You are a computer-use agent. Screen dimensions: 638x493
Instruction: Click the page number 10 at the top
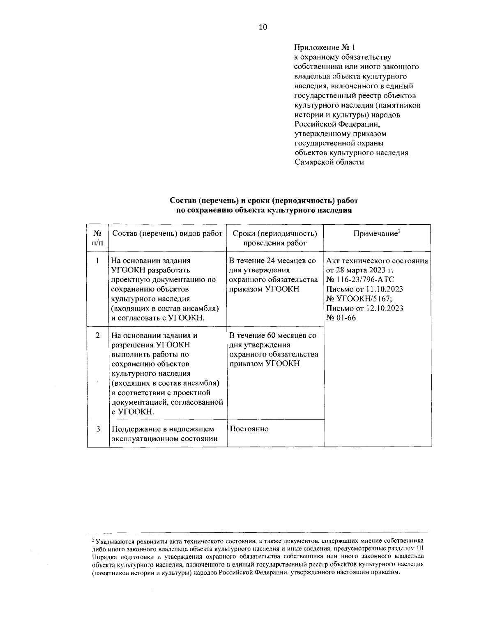pos(263,27)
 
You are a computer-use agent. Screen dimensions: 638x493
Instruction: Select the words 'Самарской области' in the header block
pos(329,162)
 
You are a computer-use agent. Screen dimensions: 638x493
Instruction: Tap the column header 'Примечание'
pos(377,233)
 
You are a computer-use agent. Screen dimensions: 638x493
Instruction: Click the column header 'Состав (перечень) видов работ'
pos(167,233)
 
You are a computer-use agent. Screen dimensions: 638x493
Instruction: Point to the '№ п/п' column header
pos(97,238)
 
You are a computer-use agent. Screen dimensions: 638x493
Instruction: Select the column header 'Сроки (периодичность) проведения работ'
pos(275,238)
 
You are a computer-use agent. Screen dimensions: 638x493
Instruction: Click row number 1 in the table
pos(97,260)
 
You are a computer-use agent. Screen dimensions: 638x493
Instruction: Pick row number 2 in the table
pos(98,335)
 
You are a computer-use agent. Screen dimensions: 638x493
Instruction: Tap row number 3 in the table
pos(98,429)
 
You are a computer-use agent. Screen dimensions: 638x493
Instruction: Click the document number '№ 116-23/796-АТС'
pos(360,280)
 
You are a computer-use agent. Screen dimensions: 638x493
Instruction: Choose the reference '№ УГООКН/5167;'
pos(357,299)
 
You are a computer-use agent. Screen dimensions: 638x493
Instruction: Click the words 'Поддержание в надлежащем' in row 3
pos(163,429)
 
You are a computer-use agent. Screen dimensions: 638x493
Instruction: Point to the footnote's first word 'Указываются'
pos(112,541)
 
